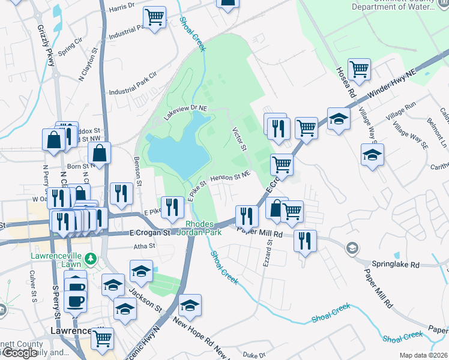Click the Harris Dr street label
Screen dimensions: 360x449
(x=122, y=10)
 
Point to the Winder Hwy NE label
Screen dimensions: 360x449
(x=394, y=83)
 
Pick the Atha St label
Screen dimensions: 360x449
(x=144, y=245)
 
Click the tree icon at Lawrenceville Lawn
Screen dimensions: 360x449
(x=91, y=259)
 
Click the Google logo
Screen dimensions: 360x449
(x=19, y=353)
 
